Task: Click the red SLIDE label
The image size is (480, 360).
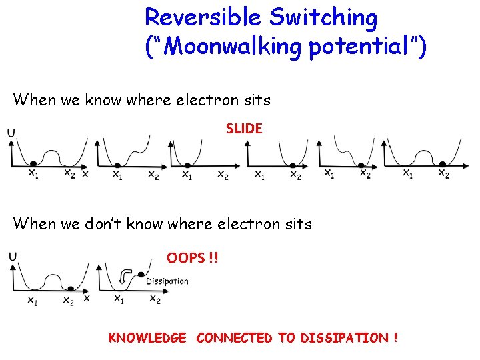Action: click(244, 129)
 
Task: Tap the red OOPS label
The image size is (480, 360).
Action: click(192, 258)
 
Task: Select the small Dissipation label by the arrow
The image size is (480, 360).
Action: click(167, 281)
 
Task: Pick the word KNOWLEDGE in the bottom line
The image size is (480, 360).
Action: click(147, 338)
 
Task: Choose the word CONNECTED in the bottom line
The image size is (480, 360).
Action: click(234, 338)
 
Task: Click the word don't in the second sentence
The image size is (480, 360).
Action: click(108, 224)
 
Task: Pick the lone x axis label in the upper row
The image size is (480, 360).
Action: click(85, 174)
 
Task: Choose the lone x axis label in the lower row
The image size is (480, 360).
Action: click(86, 299)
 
